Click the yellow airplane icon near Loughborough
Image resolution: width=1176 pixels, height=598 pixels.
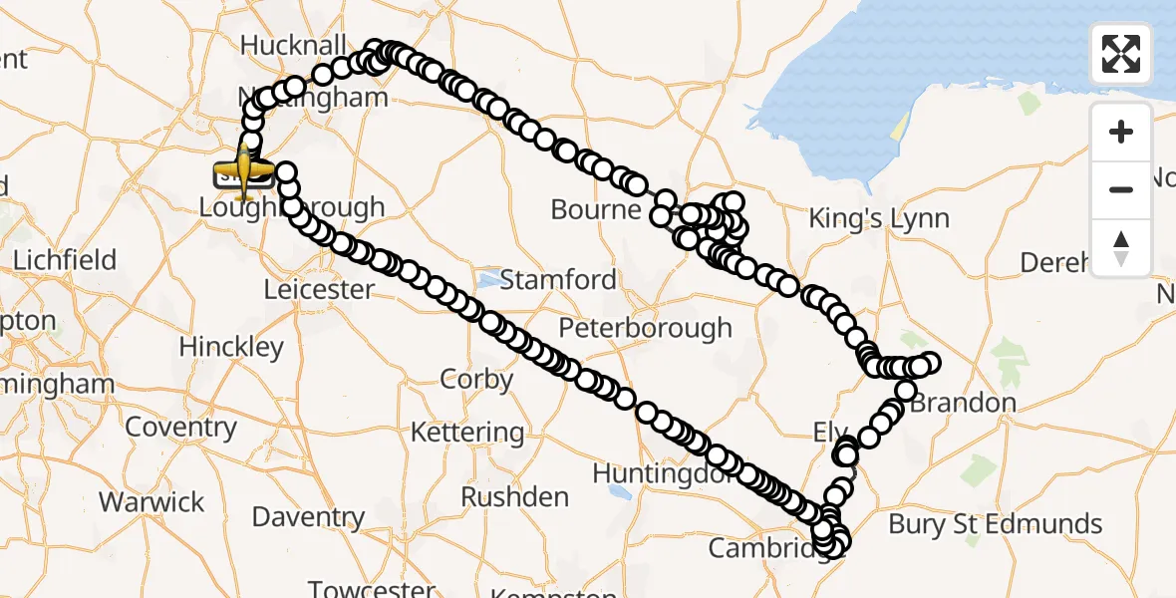pos(243,170)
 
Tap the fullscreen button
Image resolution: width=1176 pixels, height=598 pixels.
pos(1121,54)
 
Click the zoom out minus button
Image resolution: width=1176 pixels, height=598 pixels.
pos(1121,189)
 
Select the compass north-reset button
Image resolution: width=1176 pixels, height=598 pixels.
pos(1121,247)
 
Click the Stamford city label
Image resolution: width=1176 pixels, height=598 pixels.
pos(558,279)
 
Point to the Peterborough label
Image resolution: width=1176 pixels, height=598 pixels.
pos(645,328)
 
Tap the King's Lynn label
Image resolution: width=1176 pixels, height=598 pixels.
pos(879,218)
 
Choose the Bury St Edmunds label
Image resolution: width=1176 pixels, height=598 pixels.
pos(995,524)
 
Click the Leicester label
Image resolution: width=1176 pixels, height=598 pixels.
pos(319,290)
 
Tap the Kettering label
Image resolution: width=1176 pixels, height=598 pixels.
pos(467,433)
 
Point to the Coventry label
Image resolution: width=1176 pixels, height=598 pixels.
pos(181,428)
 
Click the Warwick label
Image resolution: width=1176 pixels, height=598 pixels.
pos(151,501)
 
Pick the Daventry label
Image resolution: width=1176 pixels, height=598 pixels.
pos(308,517)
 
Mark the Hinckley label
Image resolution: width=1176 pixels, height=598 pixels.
pos(231,347)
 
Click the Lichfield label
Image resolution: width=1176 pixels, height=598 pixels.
pos(64,260)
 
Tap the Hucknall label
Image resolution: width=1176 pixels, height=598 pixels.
pos(293,46)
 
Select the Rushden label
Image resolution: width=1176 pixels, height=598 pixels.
pos(515,496)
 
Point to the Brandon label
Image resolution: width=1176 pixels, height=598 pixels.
pos(963,403)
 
